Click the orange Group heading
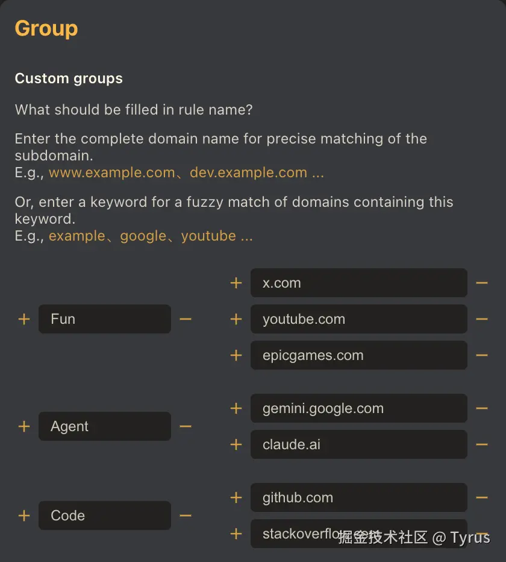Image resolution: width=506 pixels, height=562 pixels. pos(46,28)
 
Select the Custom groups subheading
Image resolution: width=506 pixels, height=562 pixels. pos(69,78)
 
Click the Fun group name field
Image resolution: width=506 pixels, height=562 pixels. pos(105,319)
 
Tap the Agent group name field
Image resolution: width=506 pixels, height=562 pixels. pos(105,426)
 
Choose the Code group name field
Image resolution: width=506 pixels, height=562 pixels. pos(105,516)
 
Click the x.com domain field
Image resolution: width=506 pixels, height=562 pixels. pos(359,283)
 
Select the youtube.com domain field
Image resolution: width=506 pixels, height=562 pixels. pos(359,319)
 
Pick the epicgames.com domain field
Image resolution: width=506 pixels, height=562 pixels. pos(359,355)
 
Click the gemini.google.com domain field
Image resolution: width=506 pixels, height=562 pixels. pos(359,408)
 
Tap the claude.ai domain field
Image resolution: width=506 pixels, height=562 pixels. pos(359,444)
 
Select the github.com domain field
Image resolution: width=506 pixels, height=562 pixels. pos(359,497)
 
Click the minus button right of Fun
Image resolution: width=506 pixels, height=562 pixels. pos(186,319)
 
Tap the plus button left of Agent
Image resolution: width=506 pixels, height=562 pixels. pos(24,426)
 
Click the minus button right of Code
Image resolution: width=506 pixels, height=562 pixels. pos(186,516)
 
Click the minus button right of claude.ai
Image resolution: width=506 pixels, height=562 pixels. pos(482,444)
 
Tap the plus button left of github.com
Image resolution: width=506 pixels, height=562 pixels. pos(236,497)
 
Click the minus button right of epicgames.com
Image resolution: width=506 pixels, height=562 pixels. pos(482,355)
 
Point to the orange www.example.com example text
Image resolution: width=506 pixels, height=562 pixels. pos(112,172)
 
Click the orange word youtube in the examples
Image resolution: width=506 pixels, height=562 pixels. pos(208,236)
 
